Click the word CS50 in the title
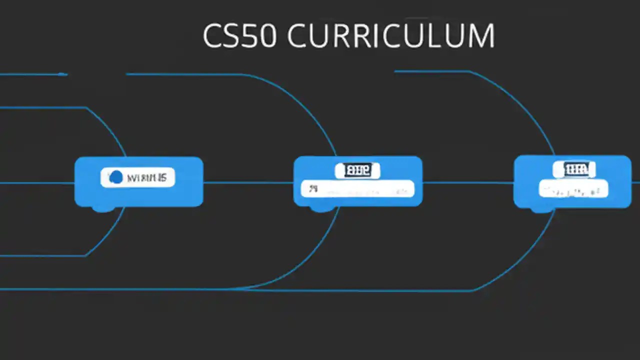click(239, 35)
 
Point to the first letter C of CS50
click(212, 35)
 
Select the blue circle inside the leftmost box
click(115, 177)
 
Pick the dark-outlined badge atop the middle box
click(357, 170)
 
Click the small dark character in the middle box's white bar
click(313, 189)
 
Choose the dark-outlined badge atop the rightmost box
click(573, 169)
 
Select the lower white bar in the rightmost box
click(573, 190)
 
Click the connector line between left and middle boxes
click(248, 182)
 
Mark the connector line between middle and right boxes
click(468, 182)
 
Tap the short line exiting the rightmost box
click(635, 182)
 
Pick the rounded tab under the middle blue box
click(320, 208)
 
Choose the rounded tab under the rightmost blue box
click(541, 209)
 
